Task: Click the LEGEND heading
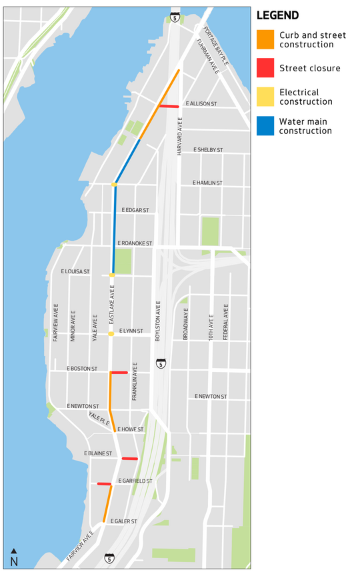click(x=277, y=15)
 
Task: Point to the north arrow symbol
click(x=14, y=557)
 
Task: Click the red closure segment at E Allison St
click(x=169, y=106)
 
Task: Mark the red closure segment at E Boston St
click(x=119, y=373)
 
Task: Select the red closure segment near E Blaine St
click(x=129, y=459)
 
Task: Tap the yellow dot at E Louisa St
click(x=112, y=275)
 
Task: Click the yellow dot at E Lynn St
click(x=111, y=333)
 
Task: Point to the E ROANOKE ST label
click(x=135, y=244)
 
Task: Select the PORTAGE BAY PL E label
click(x=216, y=45)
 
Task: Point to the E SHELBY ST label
click(x=208, y=150)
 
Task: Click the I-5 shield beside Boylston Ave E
click(x=161, y=363)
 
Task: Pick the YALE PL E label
click(x=98, y=419)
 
